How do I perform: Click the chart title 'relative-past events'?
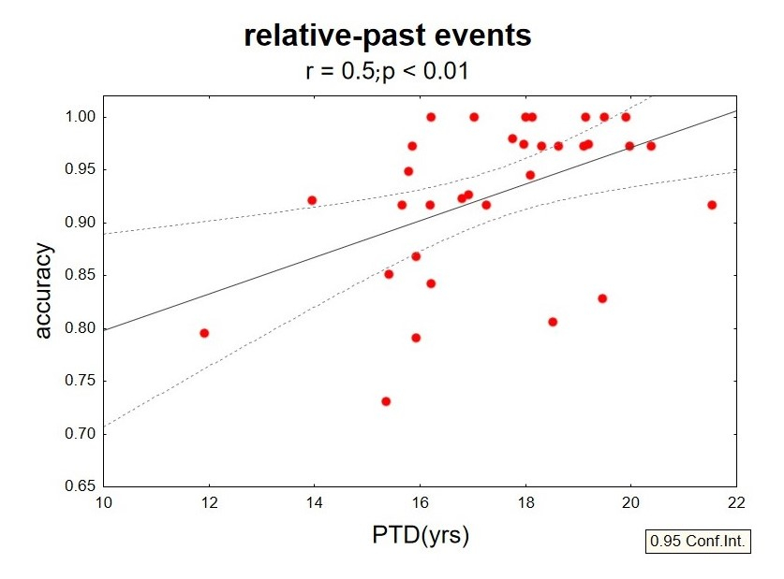387,36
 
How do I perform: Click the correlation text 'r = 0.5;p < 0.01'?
387,72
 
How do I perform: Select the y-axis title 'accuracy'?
44,291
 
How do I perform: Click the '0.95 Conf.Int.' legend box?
699,542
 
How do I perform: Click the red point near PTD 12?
204,333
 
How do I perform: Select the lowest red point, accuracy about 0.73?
385,401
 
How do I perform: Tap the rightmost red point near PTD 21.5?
712,205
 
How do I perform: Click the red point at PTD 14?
312,200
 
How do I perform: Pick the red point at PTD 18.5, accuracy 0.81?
553,322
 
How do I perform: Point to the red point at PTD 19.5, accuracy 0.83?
602,298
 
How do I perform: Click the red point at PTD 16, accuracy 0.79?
416,338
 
